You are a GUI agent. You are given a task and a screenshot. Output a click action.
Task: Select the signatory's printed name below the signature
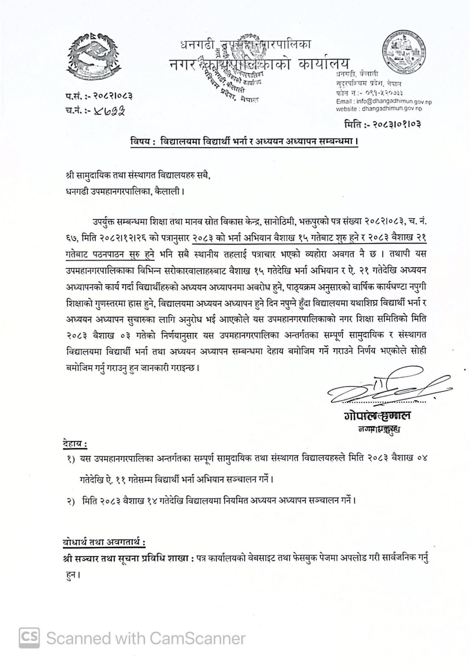click(x=376, y=416)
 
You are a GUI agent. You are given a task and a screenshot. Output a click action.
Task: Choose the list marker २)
click(x=71, y=500)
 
